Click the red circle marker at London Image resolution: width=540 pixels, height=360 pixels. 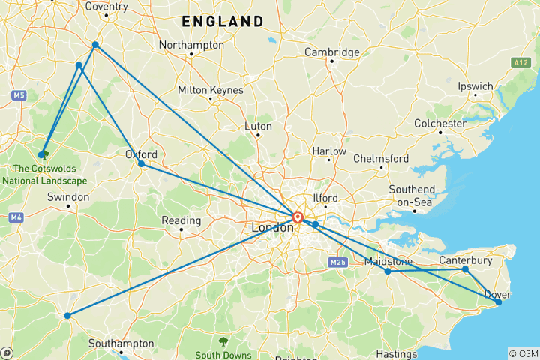click(298, 218)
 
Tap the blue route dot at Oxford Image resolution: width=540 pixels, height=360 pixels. click(141, 163)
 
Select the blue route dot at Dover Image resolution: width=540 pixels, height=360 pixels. click(499, 302)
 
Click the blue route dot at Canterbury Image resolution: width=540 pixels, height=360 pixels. click(465, 269)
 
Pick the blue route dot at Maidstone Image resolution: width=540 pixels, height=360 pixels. click(388, 271)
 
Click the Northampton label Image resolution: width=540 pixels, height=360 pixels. click(191, 45)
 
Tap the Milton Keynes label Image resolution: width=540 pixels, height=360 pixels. click(210, 90)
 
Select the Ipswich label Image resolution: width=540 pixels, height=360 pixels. click(475, 86)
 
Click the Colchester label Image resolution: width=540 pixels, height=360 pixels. click(440, 123)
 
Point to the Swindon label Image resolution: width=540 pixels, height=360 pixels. click(67, 197)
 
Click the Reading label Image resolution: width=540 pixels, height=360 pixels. click(181, 220)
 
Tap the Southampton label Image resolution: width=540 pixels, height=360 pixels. click(121, 343)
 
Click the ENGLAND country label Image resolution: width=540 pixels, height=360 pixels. click(223, 22)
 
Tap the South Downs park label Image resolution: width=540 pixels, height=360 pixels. click(223, 354)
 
